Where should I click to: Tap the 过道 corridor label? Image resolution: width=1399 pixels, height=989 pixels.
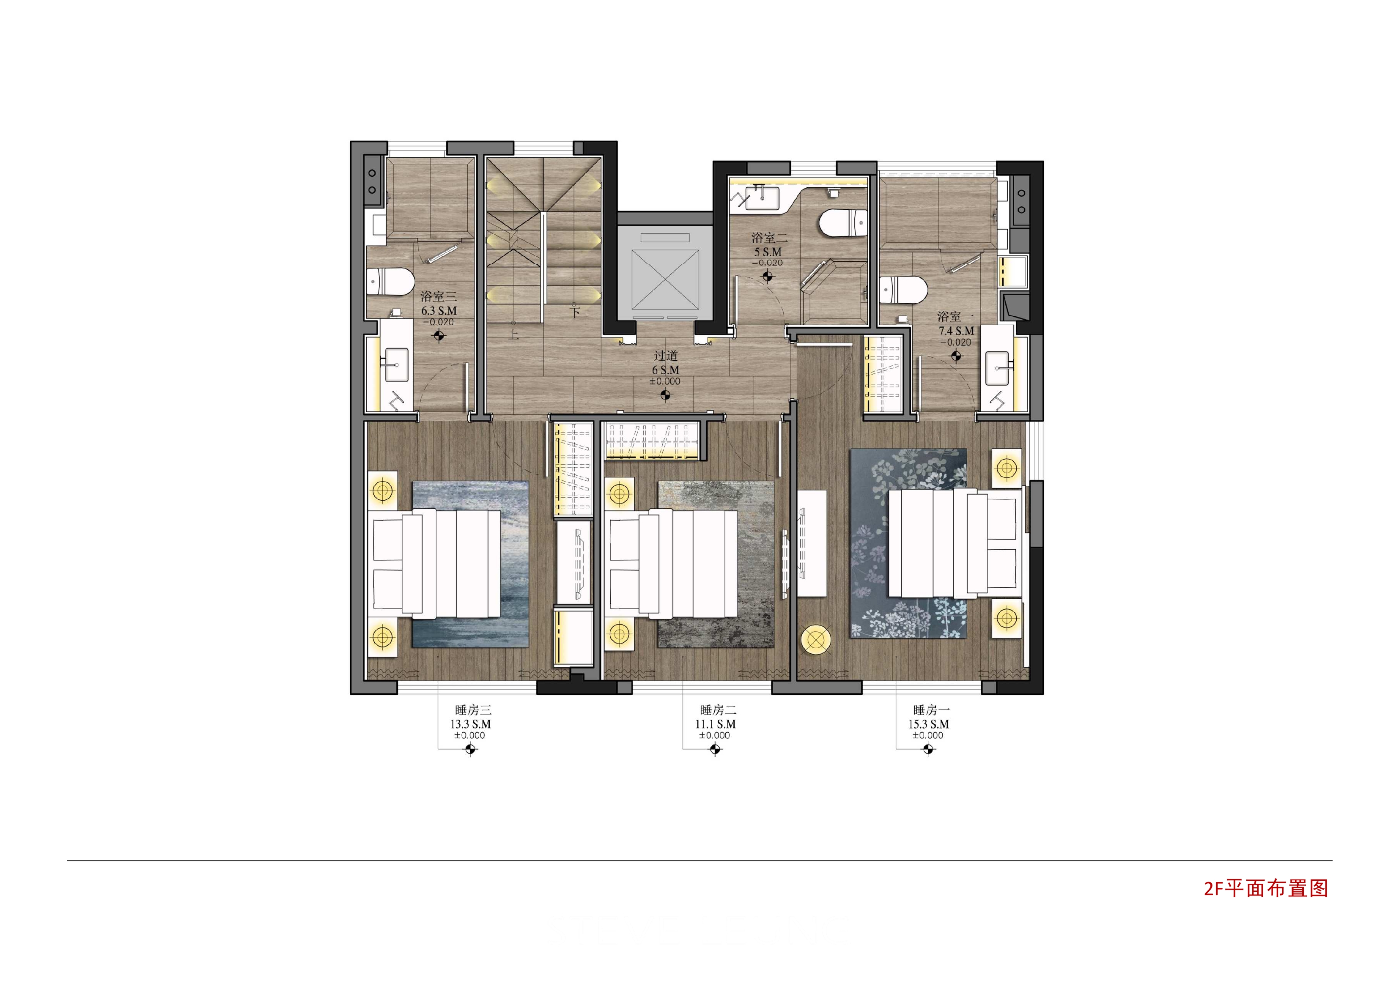coord(665,355)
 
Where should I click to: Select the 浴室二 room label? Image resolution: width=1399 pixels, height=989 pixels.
coord(769,238)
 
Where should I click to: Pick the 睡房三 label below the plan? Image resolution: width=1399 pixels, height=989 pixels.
coord(473,710)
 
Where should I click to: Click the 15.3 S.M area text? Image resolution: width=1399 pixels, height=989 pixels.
coord(929,724)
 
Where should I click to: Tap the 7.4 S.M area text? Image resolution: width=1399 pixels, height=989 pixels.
coord(956,331)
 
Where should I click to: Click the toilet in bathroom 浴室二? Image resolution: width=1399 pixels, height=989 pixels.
coord(843,222)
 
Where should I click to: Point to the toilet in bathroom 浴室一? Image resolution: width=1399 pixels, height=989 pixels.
coord(904,290)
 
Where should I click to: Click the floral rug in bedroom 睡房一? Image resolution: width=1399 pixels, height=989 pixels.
coord(908,544)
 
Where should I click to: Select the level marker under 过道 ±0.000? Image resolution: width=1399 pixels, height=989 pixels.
coord(665,395)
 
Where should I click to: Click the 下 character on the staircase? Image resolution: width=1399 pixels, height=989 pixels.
coord(574,311)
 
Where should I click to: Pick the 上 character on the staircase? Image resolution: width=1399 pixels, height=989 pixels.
coord(514,334)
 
